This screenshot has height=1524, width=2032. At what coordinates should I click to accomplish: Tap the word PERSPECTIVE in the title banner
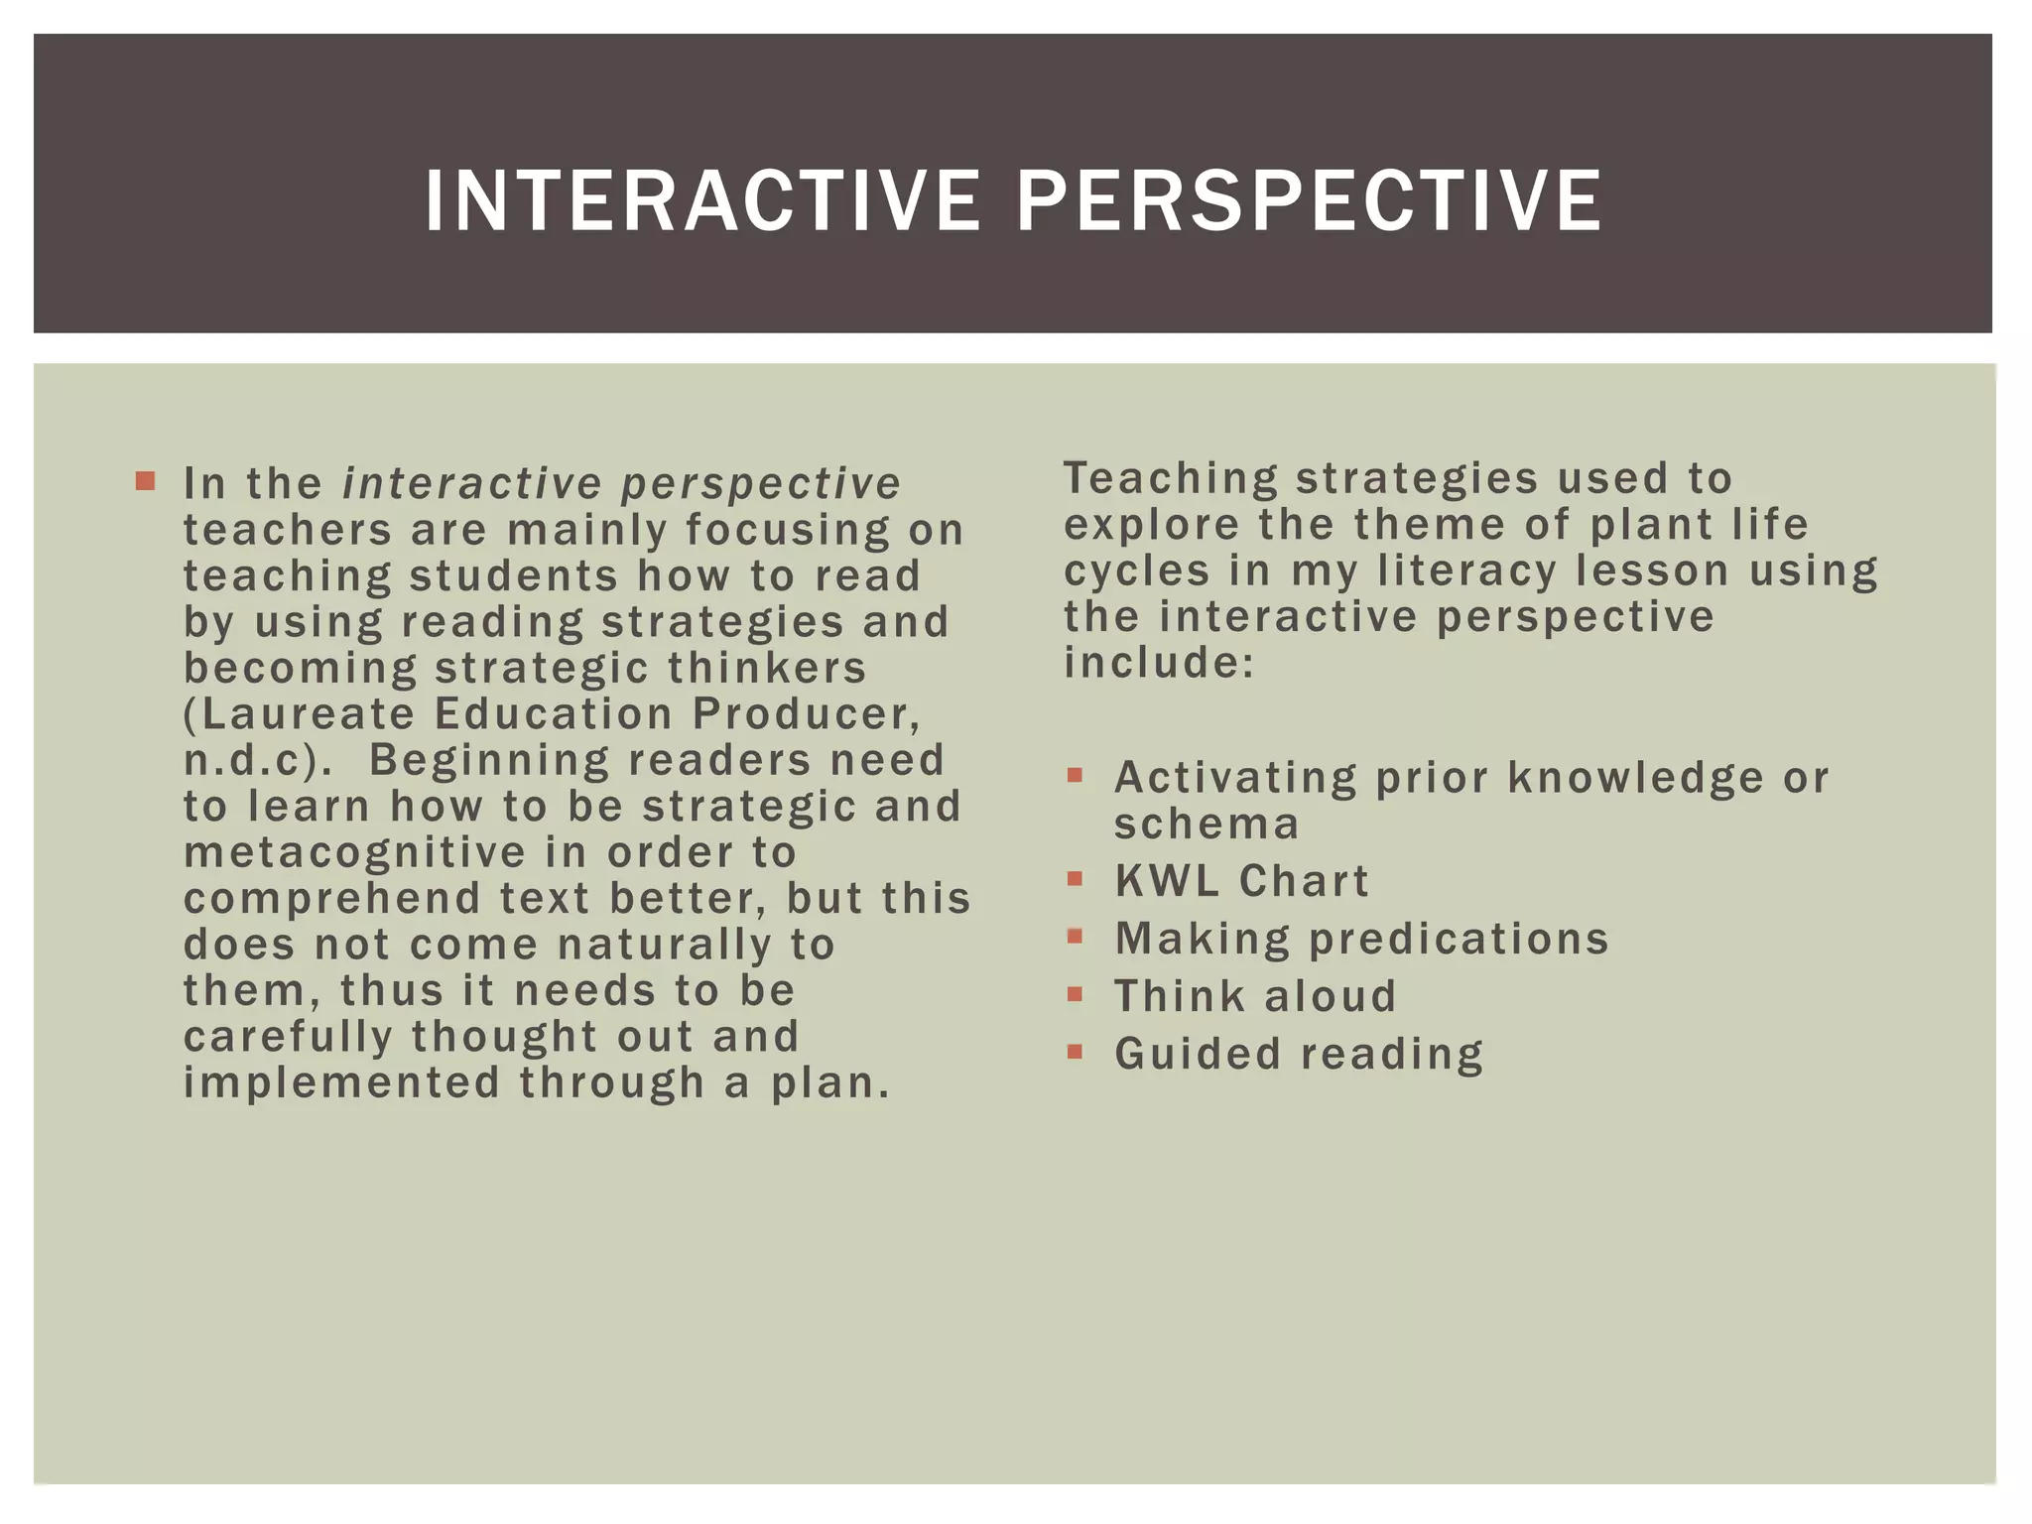point(1309,201)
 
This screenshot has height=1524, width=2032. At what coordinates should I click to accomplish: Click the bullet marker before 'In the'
point(146,482)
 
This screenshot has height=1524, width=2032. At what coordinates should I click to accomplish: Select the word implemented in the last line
point(341,1082)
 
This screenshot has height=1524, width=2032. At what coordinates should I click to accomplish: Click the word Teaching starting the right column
point(1171,479)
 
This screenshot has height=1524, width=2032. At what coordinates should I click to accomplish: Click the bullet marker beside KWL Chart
point(1076,879)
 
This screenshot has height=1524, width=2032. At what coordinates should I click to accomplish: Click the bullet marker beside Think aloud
point(1076,994)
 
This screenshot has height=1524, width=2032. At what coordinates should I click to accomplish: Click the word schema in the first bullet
point(1206,825)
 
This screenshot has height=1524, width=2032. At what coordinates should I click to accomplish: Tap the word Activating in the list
point(1235,778)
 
